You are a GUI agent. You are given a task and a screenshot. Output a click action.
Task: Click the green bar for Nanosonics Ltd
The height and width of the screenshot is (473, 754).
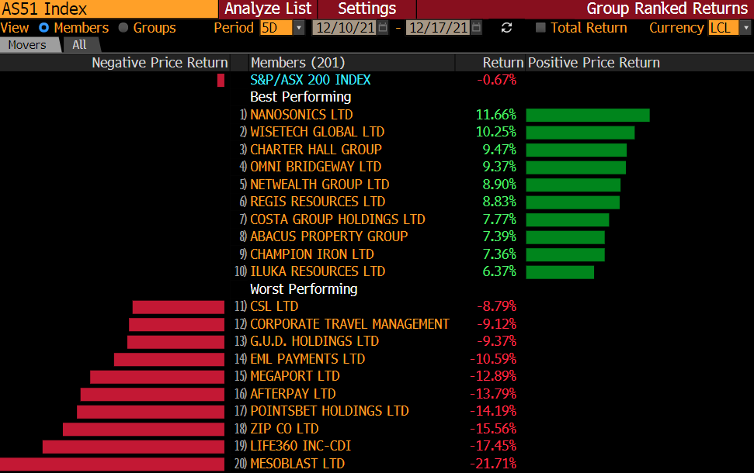tap(587, 115)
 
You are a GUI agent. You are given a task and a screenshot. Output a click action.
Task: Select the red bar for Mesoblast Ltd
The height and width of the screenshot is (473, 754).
tap(113, 464)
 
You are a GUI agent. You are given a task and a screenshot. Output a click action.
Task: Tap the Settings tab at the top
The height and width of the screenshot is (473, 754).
tap(367, 9)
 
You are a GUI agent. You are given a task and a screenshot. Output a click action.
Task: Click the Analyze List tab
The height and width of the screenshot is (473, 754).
tap(268, 9)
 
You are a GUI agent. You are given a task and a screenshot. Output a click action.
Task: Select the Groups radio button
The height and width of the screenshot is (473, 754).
tap(123, 28)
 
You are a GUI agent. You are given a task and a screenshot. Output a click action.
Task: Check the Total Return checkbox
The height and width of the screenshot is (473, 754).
tap(541, 28)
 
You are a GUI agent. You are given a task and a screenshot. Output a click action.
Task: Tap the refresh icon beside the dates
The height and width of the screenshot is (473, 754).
tap(507, 28)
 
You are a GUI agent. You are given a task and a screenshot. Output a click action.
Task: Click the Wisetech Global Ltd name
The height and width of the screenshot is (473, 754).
tap(317, 132)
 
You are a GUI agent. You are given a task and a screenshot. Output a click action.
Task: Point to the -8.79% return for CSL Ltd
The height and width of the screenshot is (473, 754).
tap(496, 306)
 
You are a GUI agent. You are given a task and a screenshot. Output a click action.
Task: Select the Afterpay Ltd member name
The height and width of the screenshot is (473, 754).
tap(293, 394)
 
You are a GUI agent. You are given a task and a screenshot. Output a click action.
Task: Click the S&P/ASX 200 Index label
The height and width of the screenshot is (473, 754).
tap(311, 79)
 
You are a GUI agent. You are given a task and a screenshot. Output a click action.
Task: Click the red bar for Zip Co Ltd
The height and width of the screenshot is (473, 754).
tap(143, 429)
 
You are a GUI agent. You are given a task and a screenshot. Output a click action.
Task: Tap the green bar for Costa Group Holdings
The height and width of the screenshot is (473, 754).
tap(567, 219)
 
